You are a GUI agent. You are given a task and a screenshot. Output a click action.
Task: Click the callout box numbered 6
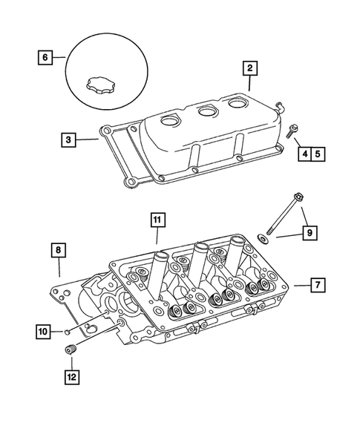pyautogui.click(x=47, y=57)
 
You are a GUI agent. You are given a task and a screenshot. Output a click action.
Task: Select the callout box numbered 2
pyautogui.click(x=249, y=69)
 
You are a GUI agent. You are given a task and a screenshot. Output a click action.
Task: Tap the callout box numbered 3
pyautogui.click(x=68, y=139)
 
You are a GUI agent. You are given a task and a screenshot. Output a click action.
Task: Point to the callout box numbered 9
pyautogui.click(x=308, y=234)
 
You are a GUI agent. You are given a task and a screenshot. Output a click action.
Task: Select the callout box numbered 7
pyautogui.click(x=316, y=285)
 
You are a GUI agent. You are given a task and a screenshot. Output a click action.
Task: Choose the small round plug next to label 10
pyautogui.click(x=68, y=330)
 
